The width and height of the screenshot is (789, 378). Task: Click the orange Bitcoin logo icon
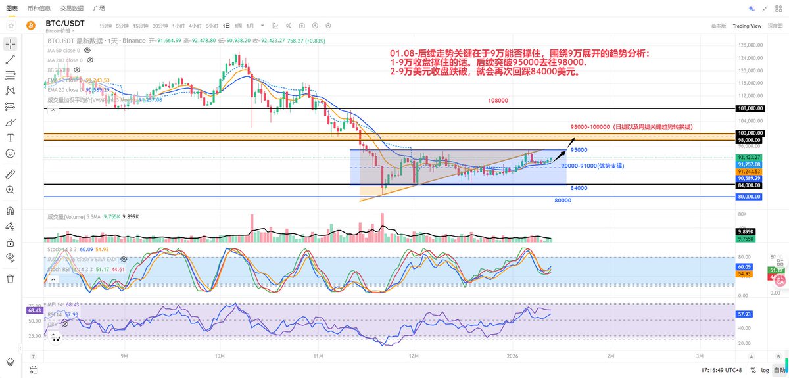click(x=30, y=26)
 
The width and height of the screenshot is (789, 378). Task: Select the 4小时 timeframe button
click(x=195, y=26)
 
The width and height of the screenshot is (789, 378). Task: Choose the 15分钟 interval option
click(x=140, y=26)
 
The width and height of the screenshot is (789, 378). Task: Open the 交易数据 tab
click(x=72, y=8)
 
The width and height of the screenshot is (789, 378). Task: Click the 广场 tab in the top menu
click(x=99, y=8)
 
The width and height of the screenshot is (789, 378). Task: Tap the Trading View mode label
click(x=746, y=26)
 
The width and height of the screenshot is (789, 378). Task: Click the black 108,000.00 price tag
click(x=750, y=108)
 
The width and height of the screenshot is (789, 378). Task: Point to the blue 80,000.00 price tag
click(x=750, y=197)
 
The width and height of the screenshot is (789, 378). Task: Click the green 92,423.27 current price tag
click(x=750, y=157)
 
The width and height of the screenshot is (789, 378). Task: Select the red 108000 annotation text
click(x=498, y=101)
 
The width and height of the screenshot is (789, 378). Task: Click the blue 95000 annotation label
click(x=579, y=150)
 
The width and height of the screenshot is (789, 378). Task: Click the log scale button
click(x=764, y=370)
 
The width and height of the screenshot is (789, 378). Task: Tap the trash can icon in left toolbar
click(x=11, y=279)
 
